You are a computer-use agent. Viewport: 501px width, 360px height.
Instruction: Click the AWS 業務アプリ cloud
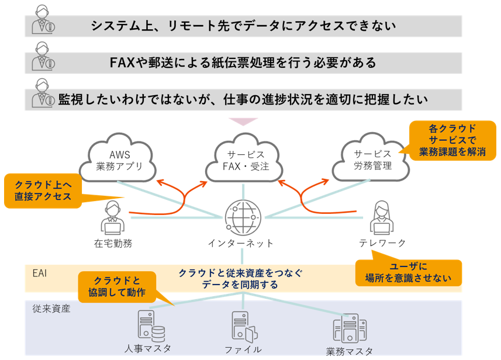click(122, 160)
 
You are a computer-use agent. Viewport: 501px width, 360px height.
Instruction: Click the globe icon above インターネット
click(240, 216)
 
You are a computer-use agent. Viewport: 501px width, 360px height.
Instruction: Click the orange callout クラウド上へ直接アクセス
click(42, 191)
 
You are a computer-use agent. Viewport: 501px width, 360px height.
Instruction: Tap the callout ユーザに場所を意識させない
click(408, 272)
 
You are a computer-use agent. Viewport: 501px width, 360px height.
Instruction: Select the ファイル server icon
click(243, 328)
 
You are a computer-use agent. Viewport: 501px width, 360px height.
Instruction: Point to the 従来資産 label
click(51, 308)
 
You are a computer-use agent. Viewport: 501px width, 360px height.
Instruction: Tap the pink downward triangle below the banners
click(243, 121)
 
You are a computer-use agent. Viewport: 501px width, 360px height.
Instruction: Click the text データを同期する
click(240, 285)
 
